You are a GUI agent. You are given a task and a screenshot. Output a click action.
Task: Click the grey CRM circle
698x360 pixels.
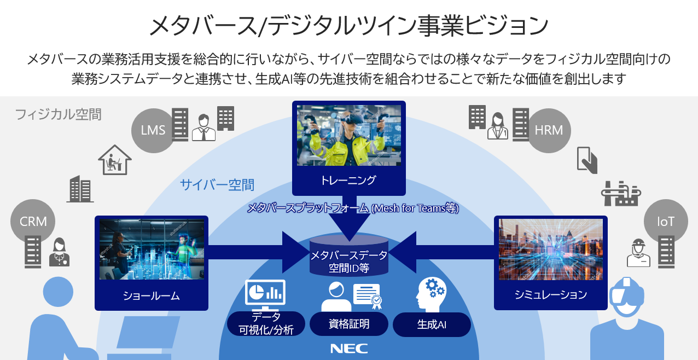[x=33, y=222]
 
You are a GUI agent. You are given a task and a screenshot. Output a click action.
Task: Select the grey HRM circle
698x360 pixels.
[x=549, y=130]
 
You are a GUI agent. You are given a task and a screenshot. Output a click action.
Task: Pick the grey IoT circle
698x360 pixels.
[x=666, y=222]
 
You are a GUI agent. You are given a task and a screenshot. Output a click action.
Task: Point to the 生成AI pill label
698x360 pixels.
[x=432, y=324]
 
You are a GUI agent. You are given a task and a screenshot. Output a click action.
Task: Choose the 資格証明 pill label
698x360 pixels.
[x=349, y=324]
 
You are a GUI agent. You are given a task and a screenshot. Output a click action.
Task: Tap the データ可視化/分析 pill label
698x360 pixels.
[x=266, y=324]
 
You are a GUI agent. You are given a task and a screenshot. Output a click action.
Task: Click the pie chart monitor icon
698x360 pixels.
[x=266, y=293]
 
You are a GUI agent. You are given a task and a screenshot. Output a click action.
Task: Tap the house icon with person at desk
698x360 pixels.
[x=115, y=159]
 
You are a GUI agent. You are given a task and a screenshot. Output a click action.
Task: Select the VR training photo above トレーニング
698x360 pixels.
[x=349, y=135]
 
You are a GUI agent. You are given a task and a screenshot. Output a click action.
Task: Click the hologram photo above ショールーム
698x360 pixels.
[x=152, y=249]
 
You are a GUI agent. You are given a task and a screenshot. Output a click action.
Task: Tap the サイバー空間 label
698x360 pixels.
[x=217, y=185]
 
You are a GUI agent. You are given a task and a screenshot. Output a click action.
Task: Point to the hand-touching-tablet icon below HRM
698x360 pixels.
[x=587, y=159]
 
